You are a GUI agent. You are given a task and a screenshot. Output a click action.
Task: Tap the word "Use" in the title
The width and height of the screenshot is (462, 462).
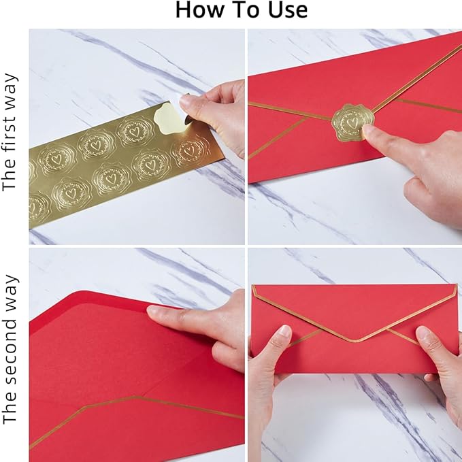[x=285, y=11]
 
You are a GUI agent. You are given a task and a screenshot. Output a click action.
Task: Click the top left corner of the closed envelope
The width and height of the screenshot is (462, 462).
[x=253, y=286]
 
